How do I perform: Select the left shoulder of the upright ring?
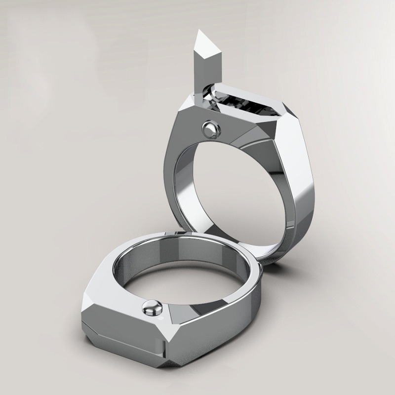180,123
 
